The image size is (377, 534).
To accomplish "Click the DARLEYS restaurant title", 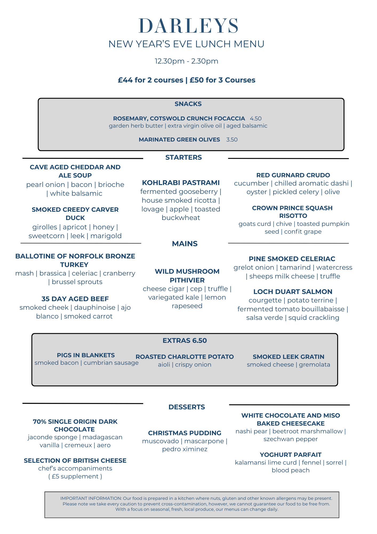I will coord(188,26).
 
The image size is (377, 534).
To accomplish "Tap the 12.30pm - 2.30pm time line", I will coord(187,61).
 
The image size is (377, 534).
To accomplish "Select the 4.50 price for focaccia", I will coord(256,119).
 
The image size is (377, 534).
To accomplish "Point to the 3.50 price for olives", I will coord(232,140).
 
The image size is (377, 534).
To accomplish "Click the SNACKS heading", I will coord(188,104).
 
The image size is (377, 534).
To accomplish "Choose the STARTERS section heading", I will coord(183,158).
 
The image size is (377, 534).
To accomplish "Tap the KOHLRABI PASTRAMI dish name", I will coord(181,183).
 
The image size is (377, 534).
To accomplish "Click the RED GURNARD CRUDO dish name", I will coord(293,175).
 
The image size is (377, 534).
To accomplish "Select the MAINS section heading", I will coord(185,244).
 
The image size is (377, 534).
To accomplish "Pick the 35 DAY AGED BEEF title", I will coord(75,299).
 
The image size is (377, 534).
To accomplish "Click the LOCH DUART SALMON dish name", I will coord(293,292).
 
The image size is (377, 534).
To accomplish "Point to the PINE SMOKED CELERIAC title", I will coord(292,259).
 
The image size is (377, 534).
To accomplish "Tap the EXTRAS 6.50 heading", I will coord(185,340).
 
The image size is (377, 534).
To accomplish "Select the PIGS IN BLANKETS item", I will coord(86,355).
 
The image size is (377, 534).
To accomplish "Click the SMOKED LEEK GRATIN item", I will coord(288,357).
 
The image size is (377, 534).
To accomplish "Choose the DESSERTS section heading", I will coord(187,407).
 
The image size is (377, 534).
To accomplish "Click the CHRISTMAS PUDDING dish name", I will coord(185,433).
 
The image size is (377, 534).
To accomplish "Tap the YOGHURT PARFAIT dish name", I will coord(291,455).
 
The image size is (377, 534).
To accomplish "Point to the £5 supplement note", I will coord(75,476).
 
